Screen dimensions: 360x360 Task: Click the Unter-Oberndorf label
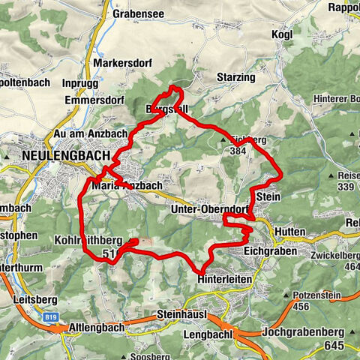[209, 209]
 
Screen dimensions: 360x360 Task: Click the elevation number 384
[238, 151]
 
